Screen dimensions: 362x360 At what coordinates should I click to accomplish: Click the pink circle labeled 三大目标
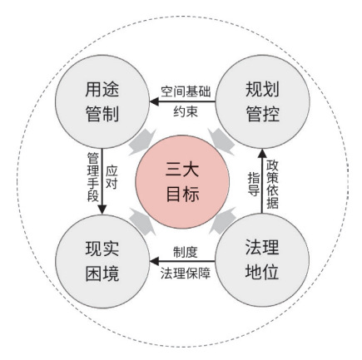(x=182, y=182)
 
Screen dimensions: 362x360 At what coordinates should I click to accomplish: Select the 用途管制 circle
(x=102, y=101)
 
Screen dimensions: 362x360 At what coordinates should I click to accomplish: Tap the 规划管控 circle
(x=262, y=101)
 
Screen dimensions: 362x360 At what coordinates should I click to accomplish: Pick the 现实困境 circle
(x=102, y=261)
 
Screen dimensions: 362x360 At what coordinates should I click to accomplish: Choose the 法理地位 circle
(x=262, y=260)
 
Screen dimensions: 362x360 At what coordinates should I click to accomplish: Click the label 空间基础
(x=186, y=91)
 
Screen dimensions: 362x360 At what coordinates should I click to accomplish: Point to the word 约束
(x=186, y=111)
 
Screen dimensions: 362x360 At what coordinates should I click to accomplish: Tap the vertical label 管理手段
(x=93, y=177)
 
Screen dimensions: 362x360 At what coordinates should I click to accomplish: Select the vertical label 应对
(x=112, y=178)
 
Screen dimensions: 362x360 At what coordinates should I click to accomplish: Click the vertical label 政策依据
(x=272, y=185)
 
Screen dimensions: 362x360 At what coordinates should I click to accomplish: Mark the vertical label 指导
(x=254, y=184)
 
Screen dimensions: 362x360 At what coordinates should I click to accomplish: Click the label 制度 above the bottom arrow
(x=186, y=252)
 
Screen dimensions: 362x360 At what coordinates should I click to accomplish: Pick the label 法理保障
(x=186, y=273)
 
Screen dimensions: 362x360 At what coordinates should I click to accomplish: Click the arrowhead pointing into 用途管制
(x=154, y=101)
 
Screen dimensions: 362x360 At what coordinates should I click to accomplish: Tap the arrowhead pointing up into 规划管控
(x=262, y=154)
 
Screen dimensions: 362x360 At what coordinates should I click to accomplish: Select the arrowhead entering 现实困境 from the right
(x=154, y=261)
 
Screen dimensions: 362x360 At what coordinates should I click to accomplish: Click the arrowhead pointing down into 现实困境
(x=102, y=210)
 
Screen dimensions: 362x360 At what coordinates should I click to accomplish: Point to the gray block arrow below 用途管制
(x=143, y=142)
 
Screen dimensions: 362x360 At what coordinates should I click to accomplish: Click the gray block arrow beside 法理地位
(x=222, y=221)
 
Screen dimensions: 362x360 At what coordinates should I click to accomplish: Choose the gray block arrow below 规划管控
(x=222, y=142)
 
